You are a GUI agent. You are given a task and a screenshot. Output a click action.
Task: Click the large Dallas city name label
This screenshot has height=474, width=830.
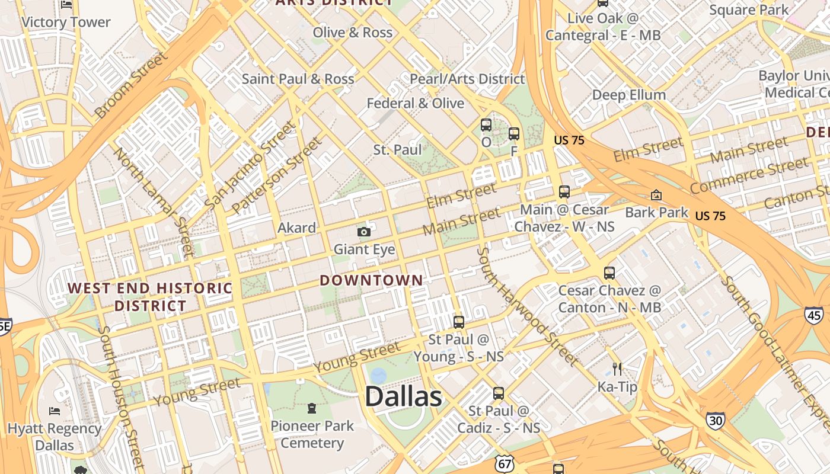(403, 396)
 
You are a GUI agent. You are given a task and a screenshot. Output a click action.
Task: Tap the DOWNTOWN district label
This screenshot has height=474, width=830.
(372, 280)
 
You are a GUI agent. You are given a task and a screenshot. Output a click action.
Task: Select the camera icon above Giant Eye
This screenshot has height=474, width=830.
(364, 232)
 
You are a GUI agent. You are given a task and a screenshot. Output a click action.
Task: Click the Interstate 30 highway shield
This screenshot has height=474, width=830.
(715, 420)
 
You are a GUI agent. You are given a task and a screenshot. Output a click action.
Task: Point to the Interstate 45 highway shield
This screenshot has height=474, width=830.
(813, 315)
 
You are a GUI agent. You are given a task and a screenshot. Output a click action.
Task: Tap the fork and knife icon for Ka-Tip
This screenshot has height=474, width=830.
(617, 369)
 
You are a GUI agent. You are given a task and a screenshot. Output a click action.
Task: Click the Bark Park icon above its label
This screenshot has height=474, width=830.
(656, 195)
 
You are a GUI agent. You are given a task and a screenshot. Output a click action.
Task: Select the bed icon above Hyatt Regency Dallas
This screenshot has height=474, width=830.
(55, 411)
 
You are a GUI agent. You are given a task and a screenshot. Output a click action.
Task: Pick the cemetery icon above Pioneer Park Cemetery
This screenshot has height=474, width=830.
(312, 408)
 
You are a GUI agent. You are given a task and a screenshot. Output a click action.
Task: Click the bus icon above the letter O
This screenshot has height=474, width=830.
(486, 125)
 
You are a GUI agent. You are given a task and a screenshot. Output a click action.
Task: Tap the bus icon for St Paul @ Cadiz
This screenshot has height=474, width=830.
(499, 393)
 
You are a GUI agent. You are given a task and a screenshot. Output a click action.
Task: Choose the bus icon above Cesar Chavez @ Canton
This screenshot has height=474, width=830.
(609, 273)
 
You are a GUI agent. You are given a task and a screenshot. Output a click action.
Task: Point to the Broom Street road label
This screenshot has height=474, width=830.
(131, 85)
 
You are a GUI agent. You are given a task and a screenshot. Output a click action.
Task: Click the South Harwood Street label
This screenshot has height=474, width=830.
(526, 306)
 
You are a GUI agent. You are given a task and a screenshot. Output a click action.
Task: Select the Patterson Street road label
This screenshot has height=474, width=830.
(277, 176)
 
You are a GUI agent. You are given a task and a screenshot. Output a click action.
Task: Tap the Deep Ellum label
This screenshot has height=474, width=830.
(629, 95)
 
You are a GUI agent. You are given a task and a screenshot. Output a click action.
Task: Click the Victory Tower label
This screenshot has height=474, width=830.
(66, 23)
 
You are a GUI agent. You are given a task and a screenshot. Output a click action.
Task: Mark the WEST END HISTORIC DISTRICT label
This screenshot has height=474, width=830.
(150, 297)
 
